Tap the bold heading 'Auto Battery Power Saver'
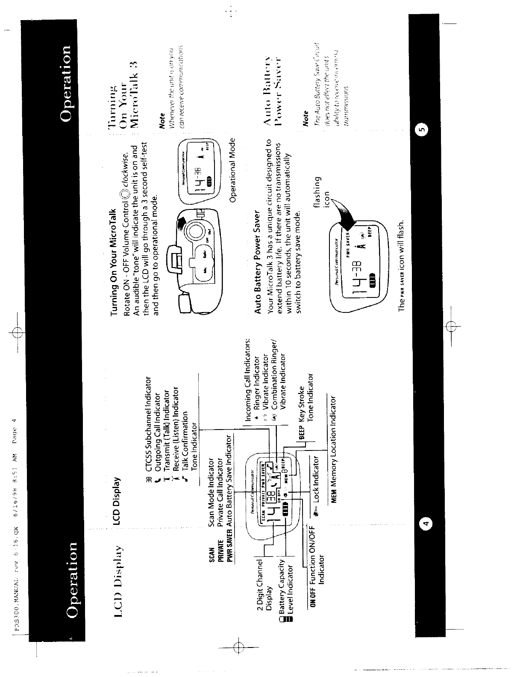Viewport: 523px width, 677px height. tap(257, 262)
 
